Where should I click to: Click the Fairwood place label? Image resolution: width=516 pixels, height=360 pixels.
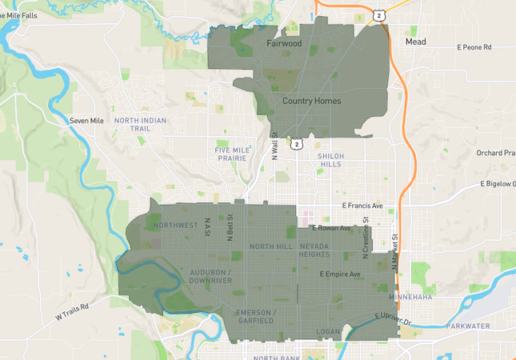(x=284, y=44)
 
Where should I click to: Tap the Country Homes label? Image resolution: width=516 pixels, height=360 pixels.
(x=311, y=102)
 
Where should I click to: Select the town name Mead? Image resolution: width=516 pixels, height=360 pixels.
(x=415, y=42)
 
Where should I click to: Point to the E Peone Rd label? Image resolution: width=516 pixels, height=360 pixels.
(x=474, y=48)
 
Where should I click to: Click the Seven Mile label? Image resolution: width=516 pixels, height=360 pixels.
(x=86, y=121)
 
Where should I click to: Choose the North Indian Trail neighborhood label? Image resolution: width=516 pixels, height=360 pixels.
(x=142, y=124)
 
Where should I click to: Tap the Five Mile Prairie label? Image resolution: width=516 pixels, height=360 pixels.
(x=238, y=154)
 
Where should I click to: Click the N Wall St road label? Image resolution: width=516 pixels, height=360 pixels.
(x=274, y=146)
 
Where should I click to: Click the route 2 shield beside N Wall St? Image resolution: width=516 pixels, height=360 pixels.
(x=297, y=144)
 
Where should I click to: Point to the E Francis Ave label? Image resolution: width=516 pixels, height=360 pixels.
(x=362, y=206)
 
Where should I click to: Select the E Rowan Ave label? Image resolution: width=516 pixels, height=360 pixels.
(x=331, y=228)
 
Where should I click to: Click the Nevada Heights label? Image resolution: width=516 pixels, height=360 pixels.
(x=314, y=250)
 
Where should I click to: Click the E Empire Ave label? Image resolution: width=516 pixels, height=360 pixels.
(x=340, y=274)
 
